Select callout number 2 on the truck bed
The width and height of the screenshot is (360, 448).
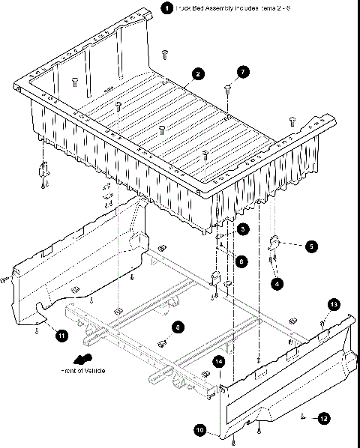(x=196, y=73)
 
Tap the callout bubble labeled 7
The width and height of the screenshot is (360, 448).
(x=242, y=72)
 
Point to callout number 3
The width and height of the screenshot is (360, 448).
(x=242, y=228)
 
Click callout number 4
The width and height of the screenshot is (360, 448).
(x=278, y=284)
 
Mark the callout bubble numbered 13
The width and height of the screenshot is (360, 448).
(x=334, y=303)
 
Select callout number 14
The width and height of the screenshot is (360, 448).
(x=219, y=361)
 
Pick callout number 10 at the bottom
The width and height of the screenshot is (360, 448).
(x=200, y=430)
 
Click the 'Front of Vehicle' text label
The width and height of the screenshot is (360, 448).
(x=83, y=371)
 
